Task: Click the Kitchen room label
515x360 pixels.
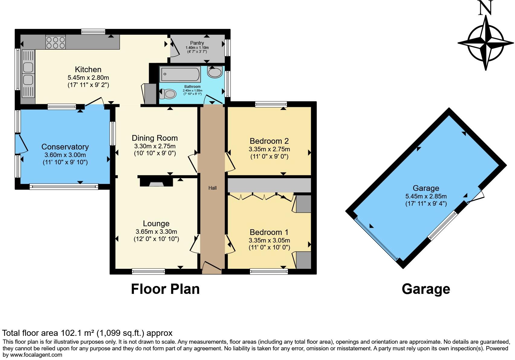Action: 88,69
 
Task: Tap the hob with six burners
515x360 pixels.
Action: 55,42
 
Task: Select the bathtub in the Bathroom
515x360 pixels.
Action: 180,74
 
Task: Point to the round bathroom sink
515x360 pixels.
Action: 215,72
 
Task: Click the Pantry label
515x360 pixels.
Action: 197,43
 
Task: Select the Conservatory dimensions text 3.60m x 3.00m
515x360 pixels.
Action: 65,155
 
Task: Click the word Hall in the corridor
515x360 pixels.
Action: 212,188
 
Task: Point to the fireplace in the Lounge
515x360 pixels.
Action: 156,182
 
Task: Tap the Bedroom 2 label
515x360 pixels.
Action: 269,141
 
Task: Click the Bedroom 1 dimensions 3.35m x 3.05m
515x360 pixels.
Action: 269,240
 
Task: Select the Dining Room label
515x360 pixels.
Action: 155,138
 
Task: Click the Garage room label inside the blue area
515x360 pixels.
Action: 426,188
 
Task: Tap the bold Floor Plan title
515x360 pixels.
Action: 165,289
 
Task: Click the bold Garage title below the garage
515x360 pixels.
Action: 426,289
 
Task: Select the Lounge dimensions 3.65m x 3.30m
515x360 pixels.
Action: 156,232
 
